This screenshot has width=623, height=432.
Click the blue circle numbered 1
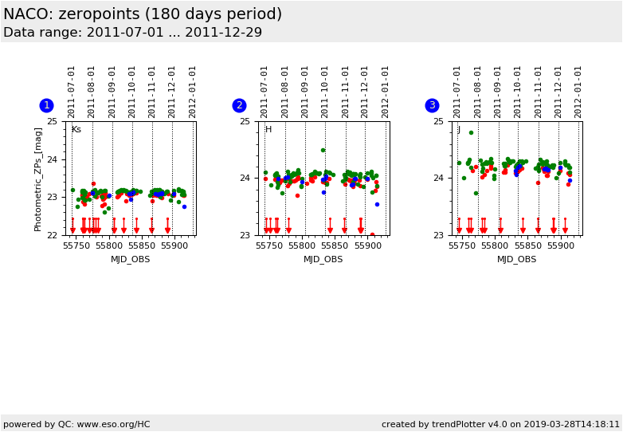46,105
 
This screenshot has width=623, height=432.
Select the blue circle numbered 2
239,105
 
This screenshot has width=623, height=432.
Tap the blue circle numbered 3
432,105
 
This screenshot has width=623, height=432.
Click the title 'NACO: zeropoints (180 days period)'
143,14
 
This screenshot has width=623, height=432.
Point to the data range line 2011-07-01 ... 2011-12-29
132,33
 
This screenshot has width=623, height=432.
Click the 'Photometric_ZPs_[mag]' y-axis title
38,179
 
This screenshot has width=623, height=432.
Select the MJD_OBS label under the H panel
323,259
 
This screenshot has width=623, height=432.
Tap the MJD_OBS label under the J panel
516,259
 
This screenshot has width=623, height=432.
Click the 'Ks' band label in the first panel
76,130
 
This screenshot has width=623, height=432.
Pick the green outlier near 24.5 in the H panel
323,150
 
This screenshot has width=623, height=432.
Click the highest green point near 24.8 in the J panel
471,132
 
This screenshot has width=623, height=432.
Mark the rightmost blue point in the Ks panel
184,206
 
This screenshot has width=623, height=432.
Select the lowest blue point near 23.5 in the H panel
377,204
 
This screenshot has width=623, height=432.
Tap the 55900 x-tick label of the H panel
367,246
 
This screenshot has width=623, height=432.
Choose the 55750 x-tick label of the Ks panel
76,246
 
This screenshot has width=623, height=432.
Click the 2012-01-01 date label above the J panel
578,92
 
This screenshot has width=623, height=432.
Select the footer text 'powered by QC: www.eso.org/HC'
76,424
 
